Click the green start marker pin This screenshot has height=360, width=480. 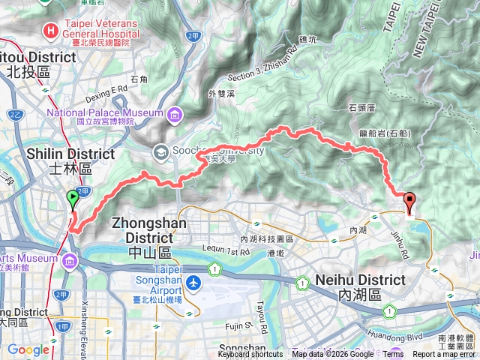pyautogui.click(x=73, y=199)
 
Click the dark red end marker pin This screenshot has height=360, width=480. pyautogui.click(x=409, y=202)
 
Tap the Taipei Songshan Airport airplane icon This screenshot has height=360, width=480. pyautogui.click(x=195, y=283)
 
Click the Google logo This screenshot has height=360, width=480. pyautogui.click(x=28, y=349)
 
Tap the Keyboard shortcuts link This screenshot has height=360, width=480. pyautogui.click(x=250, y=355)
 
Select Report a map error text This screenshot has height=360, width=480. pyautogui.click(x=444, y=355)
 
